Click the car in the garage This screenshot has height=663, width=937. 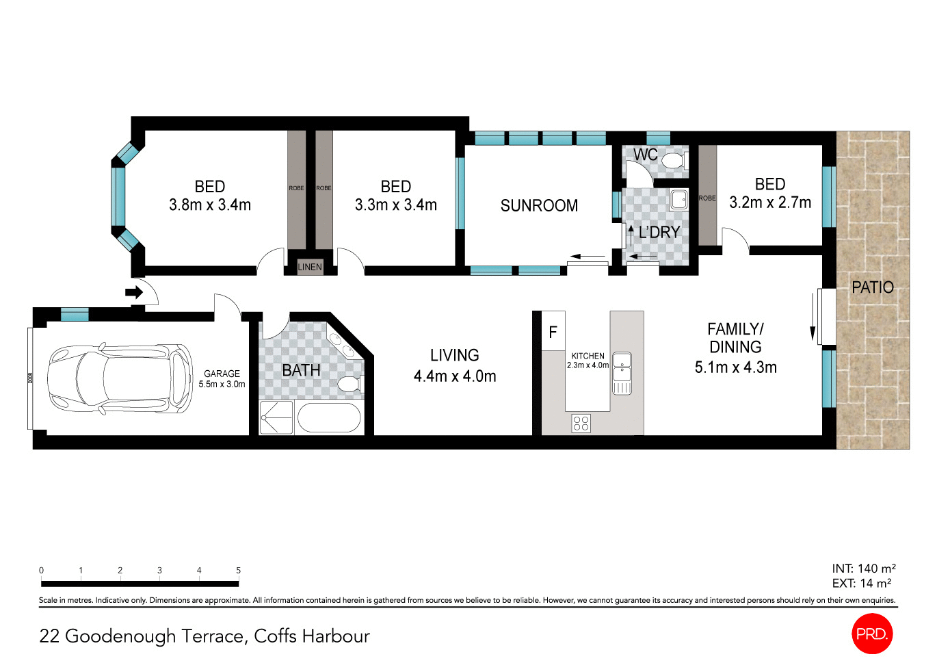tap(120, 378)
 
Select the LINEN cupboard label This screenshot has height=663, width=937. tap(310, 267)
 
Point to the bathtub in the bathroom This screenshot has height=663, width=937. tap(329, 418)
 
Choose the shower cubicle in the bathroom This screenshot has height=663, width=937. tap(276, 418)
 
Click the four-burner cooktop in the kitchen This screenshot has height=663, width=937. tap(581, 424)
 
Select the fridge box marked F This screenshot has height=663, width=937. tap(553, 333)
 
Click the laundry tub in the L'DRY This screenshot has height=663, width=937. tap(678, 200)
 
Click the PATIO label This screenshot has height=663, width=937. tap(872, 287)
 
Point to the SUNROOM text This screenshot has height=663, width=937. tap(539, 206)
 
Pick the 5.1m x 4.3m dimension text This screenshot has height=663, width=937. tap(735, 367)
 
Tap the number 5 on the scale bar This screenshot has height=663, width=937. tap(238, 570)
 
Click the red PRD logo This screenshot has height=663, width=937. tap(872, 634)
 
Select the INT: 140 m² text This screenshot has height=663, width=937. tap(863, 569)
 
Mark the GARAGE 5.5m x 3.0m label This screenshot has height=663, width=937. tap(222, 379)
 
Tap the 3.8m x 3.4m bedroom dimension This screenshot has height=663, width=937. tap(210, 205)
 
